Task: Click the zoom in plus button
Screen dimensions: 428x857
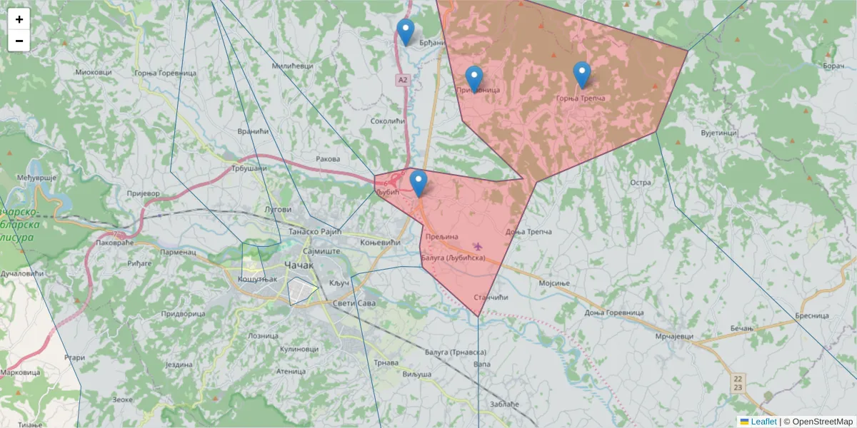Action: [19, 19]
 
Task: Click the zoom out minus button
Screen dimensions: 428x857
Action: [19, 41]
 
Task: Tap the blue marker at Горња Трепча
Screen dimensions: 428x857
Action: [582, 74]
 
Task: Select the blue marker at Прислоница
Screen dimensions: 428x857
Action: [473, 78]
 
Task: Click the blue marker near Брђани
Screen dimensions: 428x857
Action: [406, 31]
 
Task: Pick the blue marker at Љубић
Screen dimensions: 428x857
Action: [419, 183]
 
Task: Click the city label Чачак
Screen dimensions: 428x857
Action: [299, 266]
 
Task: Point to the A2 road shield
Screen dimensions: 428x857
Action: [404, 81]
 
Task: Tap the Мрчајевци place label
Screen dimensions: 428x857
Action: [673, 337]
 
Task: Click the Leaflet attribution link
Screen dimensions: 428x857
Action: [763, 422]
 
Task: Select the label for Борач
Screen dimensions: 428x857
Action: [833, 66]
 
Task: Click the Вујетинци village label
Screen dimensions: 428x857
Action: [718, 133]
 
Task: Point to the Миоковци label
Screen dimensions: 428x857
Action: [94, 73]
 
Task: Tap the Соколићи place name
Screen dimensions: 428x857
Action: [388, 122]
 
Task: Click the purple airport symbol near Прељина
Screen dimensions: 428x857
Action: [478, 247]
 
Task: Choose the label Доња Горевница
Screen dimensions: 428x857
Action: [614, 313]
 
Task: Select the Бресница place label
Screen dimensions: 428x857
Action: [811, 315]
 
